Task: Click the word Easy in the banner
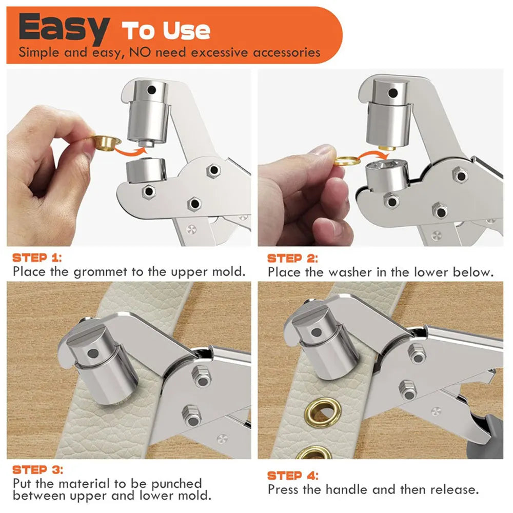[x=64, y=29]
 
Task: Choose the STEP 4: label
[x=293, y=475]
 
